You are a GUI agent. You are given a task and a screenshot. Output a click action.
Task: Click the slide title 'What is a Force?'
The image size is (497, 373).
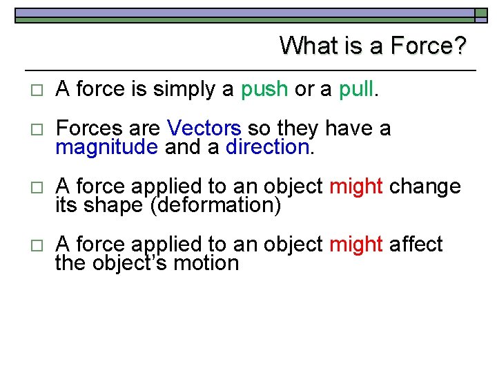(373, 46)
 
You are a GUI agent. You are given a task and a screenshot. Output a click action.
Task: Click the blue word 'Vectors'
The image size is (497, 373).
(204, 128)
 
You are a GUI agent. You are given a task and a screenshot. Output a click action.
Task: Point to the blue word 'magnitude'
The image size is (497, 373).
(107, 147)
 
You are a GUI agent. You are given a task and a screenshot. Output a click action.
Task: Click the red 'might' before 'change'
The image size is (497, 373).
(356, 186)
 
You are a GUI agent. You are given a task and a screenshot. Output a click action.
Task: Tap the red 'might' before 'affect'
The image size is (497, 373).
(356, 245)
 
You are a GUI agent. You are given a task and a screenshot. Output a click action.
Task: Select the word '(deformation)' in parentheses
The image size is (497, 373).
(215, 205)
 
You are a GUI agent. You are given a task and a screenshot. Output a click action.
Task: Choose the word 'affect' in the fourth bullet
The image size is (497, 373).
(416, 245)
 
